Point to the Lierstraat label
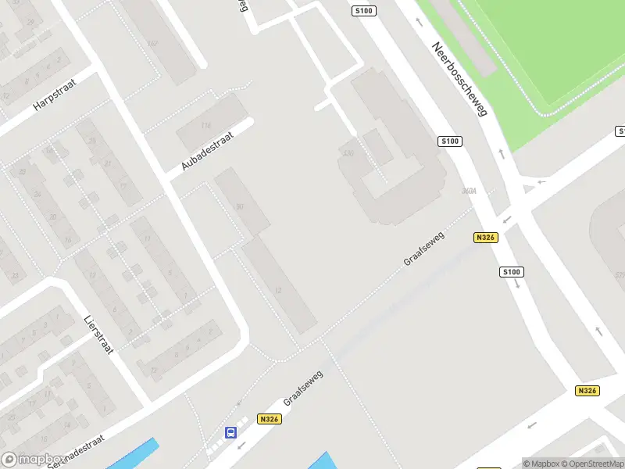click(98, 335)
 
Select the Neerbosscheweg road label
click(459, 79)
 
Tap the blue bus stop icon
click(230, 432)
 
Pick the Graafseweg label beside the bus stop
click(303, 388)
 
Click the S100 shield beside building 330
click(450, 141)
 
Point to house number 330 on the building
click(348, 153)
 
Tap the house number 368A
click(470, 191)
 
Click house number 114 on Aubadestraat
click(206, 125)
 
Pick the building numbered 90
click(239, 206)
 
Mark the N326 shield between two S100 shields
click(485, 237)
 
